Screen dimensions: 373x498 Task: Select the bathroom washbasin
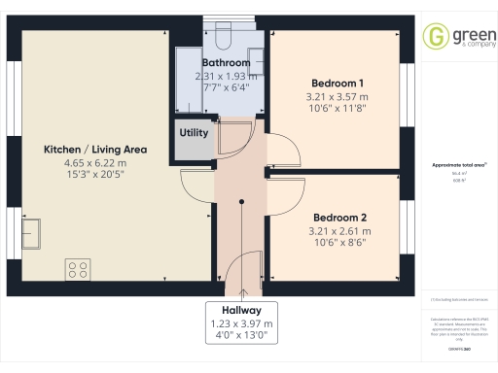click(x=255, y=55)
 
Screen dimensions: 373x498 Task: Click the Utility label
click(x=195, y=132)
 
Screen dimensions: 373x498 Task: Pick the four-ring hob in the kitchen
click(x=78, y=267)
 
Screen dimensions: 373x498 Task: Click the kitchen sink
click(x=30, y=232)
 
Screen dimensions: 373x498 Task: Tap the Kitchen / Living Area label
click(x=94, y=150)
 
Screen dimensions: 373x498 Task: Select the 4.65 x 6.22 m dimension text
click(x=94, y=163)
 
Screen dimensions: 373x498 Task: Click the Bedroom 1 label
click(x=338, y=83)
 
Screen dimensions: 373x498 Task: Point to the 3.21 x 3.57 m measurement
click(x=338, y=97)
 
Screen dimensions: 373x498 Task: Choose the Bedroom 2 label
click(x=338, y=217)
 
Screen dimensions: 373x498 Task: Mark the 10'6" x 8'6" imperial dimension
click(x=338, y=244)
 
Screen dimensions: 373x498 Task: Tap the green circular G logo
click(x=434, y=39)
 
